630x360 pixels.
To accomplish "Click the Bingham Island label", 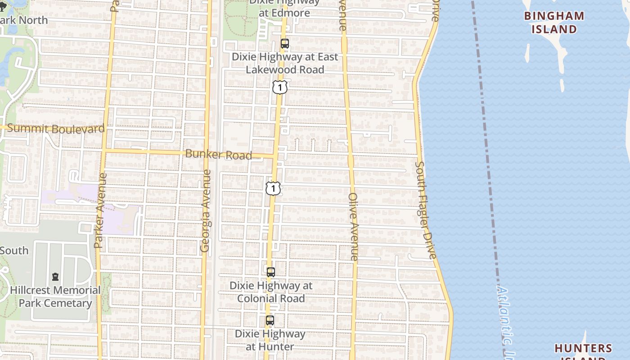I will tap(554, 22).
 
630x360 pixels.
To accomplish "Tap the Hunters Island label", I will tap(583, 348).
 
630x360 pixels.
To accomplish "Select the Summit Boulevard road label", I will tap(56, 129).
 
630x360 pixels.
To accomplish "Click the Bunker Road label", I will tap(218, 154).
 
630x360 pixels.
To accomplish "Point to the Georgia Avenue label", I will tap(205, 211).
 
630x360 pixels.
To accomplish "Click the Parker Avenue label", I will tap(99, 211).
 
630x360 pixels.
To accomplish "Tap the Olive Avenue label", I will tap(353, 227).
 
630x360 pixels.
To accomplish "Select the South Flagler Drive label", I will tap(426, 210).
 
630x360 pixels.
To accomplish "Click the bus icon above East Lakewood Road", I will tap(284, 44).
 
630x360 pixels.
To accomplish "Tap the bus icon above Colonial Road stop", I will tap(270, 272).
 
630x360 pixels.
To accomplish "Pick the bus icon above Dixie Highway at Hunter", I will tap(270, 320).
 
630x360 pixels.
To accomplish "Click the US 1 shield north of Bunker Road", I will tap(279, 87).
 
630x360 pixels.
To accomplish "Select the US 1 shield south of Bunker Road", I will tap(273, 188).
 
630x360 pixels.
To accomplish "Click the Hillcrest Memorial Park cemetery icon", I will tap(55, 276).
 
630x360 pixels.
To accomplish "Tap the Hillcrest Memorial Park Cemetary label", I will tap(55, 297).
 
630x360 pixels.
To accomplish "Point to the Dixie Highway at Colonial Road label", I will tap(271, 292).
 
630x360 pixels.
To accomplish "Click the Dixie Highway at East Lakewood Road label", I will tap(284, 63).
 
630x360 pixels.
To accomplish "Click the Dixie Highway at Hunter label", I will tap(270, 340).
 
